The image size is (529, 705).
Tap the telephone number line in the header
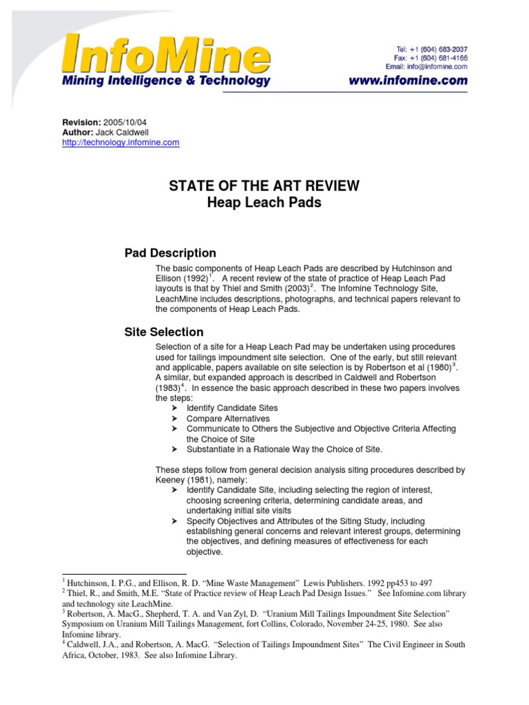coord(432,49)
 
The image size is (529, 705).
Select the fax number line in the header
coord(432,58)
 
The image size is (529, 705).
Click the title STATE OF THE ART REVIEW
coord(264,187)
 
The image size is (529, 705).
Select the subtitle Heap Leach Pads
coord(264,203)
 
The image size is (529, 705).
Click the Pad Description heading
coord(170,253)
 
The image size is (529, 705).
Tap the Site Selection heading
coord(164,332)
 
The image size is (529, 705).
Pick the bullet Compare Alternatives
coord(228,419)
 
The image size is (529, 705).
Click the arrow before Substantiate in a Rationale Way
coord(176,450)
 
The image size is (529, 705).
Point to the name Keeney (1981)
coord(178,480)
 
